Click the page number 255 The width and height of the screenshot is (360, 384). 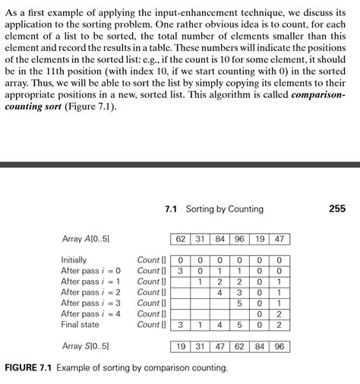click(337, 209)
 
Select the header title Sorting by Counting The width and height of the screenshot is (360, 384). click(225, 209)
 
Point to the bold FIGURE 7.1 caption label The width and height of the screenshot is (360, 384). click(27, 368)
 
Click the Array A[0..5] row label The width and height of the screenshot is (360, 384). click(85, 239)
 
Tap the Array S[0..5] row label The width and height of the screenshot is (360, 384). click(85, 346)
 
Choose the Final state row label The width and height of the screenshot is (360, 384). click(80, 324)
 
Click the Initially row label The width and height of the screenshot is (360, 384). click(74, 260)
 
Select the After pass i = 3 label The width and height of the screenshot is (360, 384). click(90, 303)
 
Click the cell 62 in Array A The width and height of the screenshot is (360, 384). click(180, 239)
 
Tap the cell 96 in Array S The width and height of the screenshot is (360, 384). click(278, 346)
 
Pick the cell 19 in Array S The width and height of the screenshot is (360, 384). click(180, 346)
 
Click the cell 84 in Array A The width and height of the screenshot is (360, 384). click(219, 239)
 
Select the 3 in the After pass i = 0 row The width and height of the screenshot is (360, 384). click(180, 270)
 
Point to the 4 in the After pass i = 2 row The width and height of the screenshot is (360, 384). click(219, 292)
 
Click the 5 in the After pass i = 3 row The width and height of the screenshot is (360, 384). click(239, 303)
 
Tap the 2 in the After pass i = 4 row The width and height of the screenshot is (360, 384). click(278, 313)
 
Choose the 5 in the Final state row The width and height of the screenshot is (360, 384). click(239, 325)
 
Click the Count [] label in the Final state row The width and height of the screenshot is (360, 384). click(150, 324)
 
